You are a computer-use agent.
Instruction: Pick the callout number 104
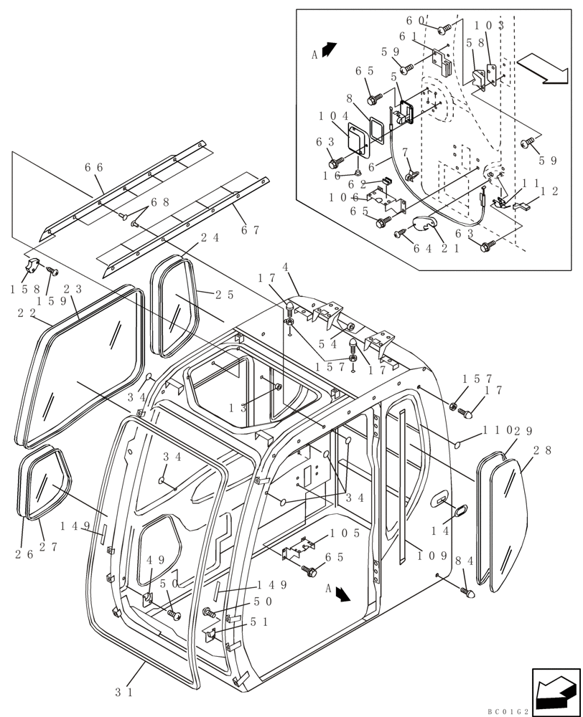pyautogui.click(x=335, y=115)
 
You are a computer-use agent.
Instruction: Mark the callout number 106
pyautogui.click(x=344, y=197)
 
